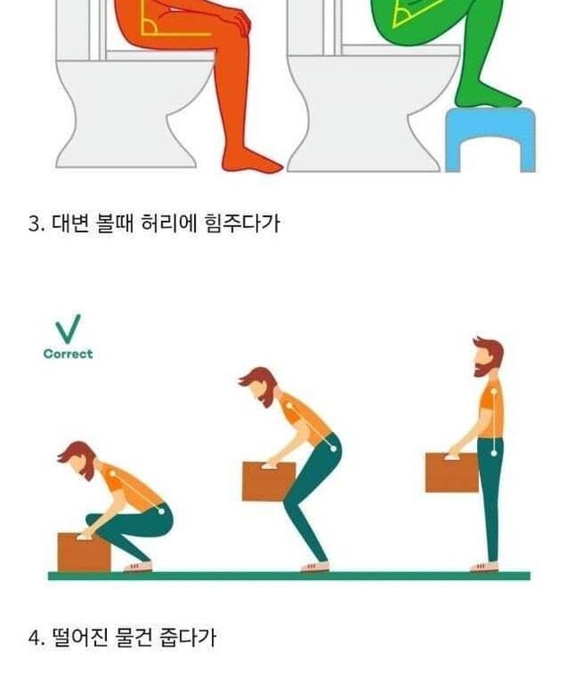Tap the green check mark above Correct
pos(68,329)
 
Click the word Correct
pos(68,354)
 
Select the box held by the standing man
pos(451,472)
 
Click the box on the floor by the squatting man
pos(84,552)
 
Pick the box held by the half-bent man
pos(269,481)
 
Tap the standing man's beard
pos(484,367)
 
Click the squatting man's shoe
pos(138,567)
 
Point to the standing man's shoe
pos(484,567)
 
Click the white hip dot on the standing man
pos(494,453)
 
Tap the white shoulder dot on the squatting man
pos(112,473)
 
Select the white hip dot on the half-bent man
pos(333,449)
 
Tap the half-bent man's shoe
pos(314,567)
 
